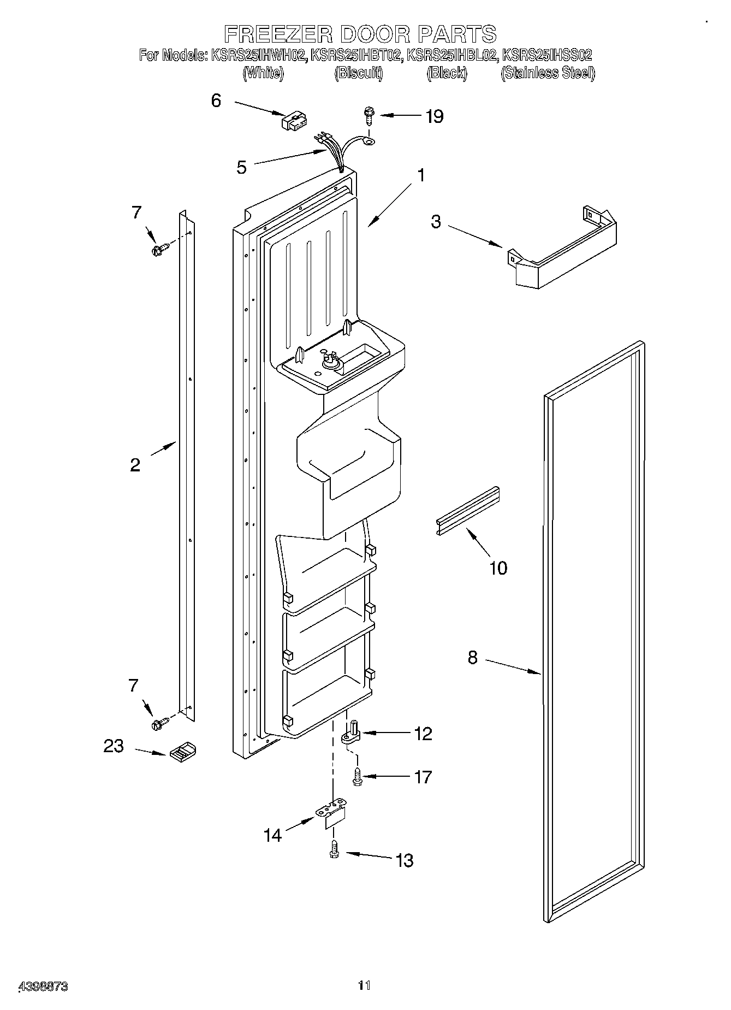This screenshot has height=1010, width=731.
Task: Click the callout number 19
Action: (x=435, y=116)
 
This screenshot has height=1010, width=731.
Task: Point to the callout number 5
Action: (x=242, y=167)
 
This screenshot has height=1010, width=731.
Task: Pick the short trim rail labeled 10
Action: (x=468, y=511)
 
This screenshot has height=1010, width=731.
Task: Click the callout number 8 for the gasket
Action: (x=473, y=657)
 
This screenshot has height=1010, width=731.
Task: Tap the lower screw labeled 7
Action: (x=159, y=724)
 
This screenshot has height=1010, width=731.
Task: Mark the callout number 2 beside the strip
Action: (x=135, y=465)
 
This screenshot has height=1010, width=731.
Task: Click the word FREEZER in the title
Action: (x=279, y=34)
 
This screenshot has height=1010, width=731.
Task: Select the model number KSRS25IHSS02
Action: (x=547, y=55)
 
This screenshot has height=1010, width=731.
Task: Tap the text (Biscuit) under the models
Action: (x=358, y=73)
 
